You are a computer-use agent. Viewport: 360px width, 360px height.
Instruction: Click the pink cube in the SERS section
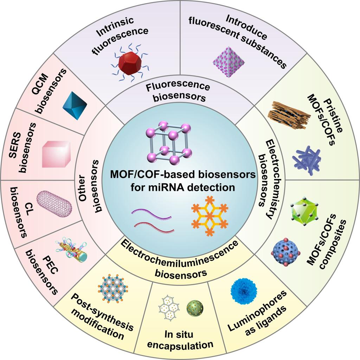pyautogui.click(x=54, y=153)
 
